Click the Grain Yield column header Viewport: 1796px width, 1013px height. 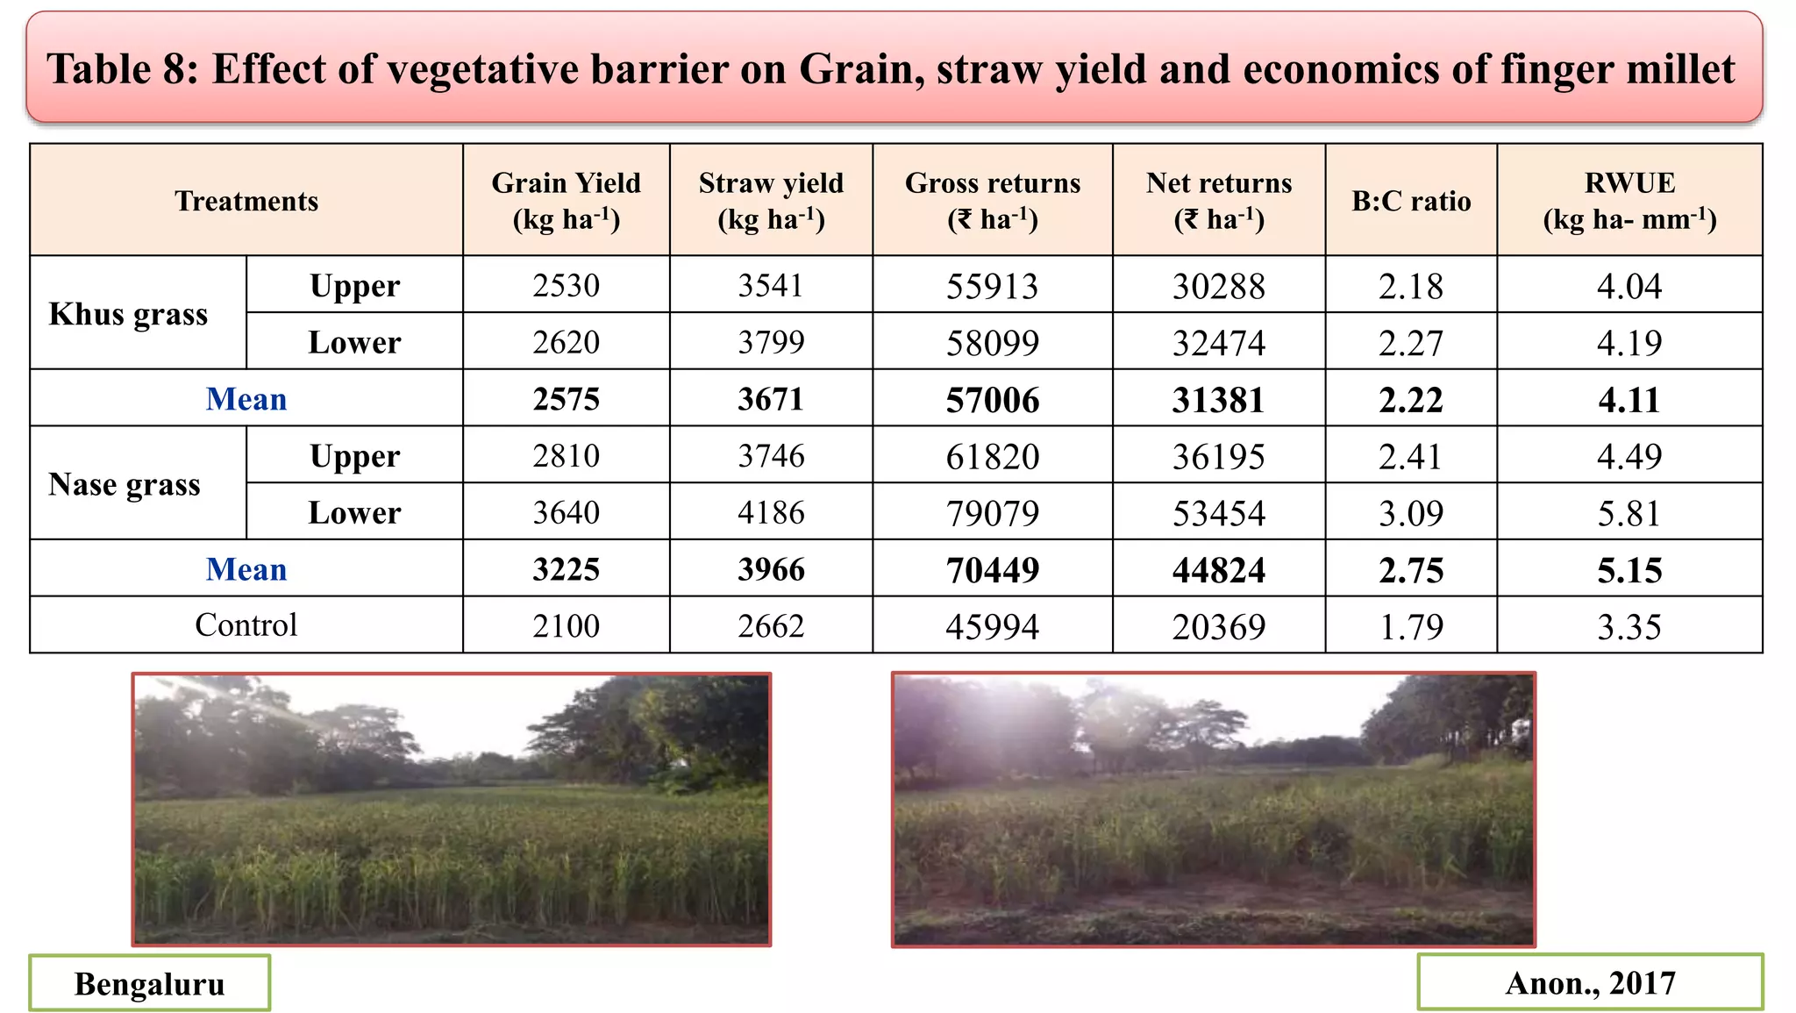(566, 200)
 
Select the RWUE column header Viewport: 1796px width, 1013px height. (1629, 200)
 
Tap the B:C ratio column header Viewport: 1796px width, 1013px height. (1410, 201)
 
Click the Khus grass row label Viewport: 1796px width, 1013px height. (128, 313)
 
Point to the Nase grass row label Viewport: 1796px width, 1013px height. (125, 483)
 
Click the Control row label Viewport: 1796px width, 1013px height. (246, 624)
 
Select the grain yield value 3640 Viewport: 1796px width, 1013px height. (566, 512)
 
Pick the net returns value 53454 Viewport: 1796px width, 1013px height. (1218, 512)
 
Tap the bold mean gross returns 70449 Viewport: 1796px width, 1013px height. (992, 570)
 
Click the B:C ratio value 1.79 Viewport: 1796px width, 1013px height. (1410, 626)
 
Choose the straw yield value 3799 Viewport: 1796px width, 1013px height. (770, 342)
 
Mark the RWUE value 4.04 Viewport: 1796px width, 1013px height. (1629, 286)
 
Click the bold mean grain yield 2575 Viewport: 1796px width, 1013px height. (566, 399)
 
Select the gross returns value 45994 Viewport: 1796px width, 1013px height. (992, 626)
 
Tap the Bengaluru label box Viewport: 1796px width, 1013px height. (149, 983)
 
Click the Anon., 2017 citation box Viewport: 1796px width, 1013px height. (1589, 982)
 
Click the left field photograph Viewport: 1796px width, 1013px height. (452, 809)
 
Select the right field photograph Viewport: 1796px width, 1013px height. (1214, 809)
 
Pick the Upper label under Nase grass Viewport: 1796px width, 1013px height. (354, 456)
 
